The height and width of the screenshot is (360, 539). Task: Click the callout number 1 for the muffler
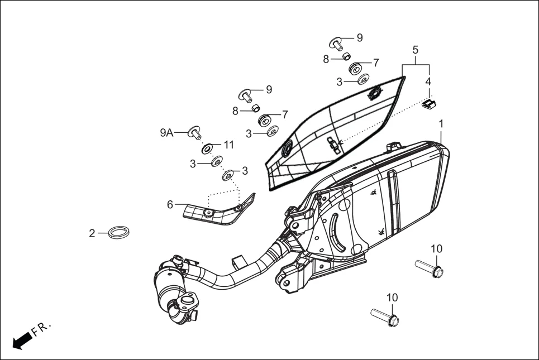pyautogui.click(x=441, y=123)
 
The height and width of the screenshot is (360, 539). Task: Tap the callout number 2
pyautogui.click(x=92, y=234)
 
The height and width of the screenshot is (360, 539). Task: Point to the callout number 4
pyautogui.click(x=428, y=81)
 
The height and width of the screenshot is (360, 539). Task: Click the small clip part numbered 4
pyautogui.click(x=429, y=104)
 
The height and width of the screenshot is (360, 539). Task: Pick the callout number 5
pyautogui.click(x=416, y=50)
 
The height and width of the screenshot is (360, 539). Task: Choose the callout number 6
pyautogui.click(x=170, y=205)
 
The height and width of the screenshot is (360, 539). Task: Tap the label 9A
pyautogui.click(x=166, y=133)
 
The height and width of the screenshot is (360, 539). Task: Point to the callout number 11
pyautogui.click(x=228, y=145)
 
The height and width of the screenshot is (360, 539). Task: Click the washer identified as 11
pyautogui.click(x=207, y=148)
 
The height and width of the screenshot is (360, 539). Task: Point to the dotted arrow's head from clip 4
pyautogui.click(x=340, y=142)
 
